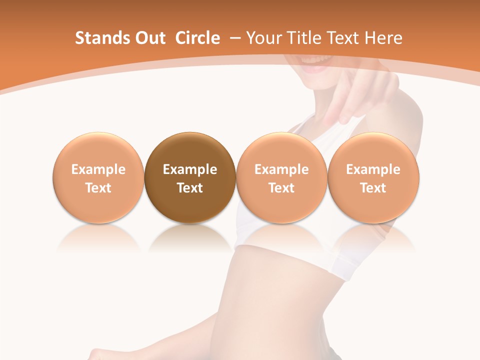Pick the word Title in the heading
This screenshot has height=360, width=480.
point(304,38)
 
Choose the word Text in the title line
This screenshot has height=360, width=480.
point(344,38)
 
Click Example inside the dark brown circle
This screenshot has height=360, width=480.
point(190,169)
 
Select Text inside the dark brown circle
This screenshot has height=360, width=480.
point(190,188)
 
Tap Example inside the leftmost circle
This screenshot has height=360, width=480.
point(98,169)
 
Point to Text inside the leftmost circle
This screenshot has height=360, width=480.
point(98,188)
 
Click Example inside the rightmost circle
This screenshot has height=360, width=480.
point(373,169)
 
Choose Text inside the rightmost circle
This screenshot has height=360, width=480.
point(373,188)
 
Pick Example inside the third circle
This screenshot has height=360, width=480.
point(281,169)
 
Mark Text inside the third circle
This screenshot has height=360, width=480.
point(281,188)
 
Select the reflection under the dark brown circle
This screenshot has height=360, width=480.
point(190,237)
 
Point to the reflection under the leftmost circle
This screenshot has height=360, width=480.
point(98,237)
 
